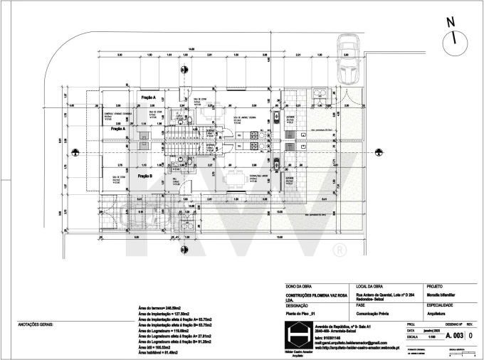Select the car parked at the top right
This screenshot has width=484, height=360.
(x=348, y=68)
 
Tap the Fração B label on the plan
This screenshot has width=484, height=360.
(x=145, y=175)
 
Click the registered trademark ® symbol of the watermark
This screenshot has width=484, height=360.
(x=340, y=250)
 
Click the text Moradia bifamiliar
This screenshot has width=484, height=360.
(x=444, y=295)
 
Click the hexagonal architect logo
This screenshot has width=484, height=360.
(x=294, y=335)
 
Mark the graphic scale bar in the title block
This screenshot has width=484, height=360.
(x=458, y=354)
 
